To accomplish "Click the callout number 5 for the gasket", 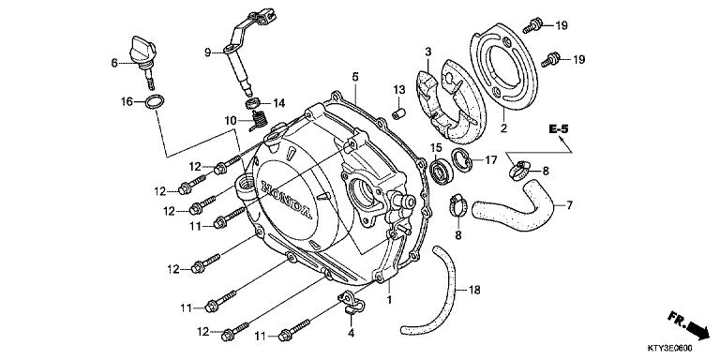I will pyautogui.click(x=355, y=75).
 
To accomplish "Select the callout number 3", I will pyautogui.click(x=427, y=52).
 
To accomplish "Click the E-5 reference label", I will pyautogui.click(x=560, y=127).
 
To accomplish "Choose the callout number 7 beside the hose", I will pyautogui.click(x=568, y=204).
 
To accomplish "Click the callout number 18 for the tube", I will pyautogui.click(x=473, y=291).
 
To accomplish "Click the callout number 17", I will pyautogui.click(x=490, y=160).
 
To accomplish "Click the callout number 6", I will pyautogui.click(x=113, y=63).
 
